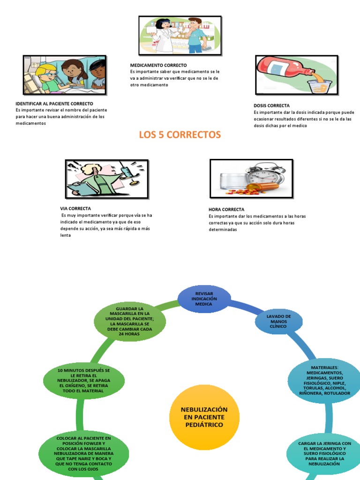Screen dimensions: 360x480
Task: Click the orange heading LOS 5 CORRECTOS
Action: pos(180,135)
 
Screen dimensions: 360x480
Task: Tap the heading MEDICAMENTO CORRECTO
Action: pos(158,65)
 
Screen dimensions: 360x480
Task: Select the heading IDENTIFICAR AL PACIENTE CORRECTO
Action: pos(54,103)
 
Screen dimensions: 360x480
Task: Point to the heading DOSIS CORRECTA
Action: pos(271,106)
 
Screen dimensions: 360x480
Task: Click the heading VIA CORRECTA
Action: pos(75,208)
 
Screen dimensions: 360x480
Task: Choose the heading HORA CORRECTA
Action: pos(226,210)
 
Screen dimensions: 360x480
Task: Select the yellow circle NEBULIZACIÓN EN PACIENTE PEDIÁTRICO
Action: pos(204,417)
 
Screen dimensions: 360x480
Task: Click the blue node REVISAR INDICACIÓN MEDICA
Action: pos(204,299)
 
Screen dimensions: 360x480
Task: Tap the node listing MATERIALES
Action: pos(324,380)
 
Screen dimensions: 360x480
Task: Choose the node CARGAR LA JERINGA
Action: pos(324,453)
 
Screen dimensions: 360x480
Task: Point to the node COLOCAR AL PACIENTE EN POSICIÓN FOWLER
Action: pos(83,453)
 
